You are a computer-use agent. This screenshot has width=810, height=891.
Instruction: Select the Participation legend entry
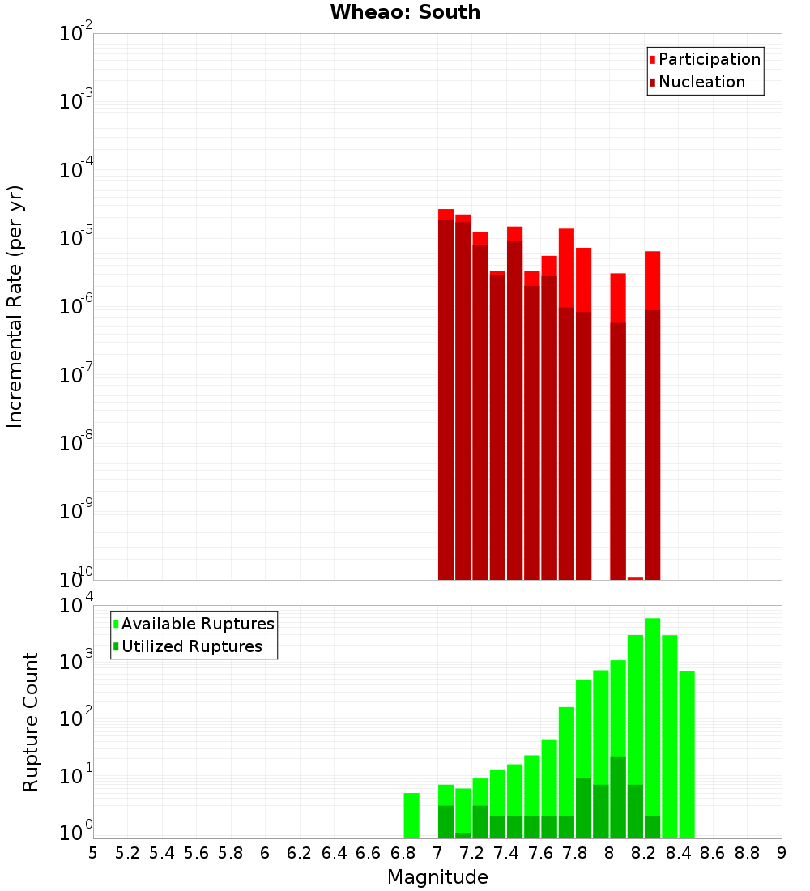(709, 59)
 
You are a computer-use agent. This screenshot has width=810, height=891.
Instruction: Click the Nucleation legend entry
(701, 82)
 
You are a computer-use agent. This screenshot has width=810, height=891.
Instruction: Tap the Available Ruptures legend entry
(197, 624)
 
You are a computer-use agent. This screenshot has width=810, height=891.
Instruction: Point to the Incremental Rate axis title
(15, 306)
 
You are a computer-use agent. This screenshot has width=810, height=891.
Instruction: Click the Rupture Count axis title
(31, 721)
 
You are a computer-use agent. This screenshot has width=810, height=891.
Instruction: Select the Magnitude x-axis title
(437, 877)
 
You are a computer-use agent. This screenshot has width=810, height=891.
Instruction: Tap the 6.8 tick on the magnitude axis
(403, 853)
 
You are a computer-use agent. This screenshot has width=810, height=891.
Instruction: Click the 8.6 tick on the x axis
(713, 853)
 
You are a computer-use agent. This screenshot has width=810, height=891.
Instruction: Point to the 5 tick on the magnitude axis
(93, 853)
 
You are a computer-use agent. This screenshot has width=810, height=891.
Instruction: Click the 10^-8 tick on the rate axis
(73, 443)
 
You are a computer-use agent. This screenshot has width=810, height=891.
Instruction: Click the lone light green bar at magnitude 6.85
(411, 816)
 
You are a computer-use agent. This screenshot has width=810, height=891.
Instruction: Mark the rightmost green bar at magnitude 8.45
(687, 753)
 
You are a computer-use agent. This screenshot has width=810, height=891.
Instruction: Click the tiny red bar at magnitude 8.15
(635, 578)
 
